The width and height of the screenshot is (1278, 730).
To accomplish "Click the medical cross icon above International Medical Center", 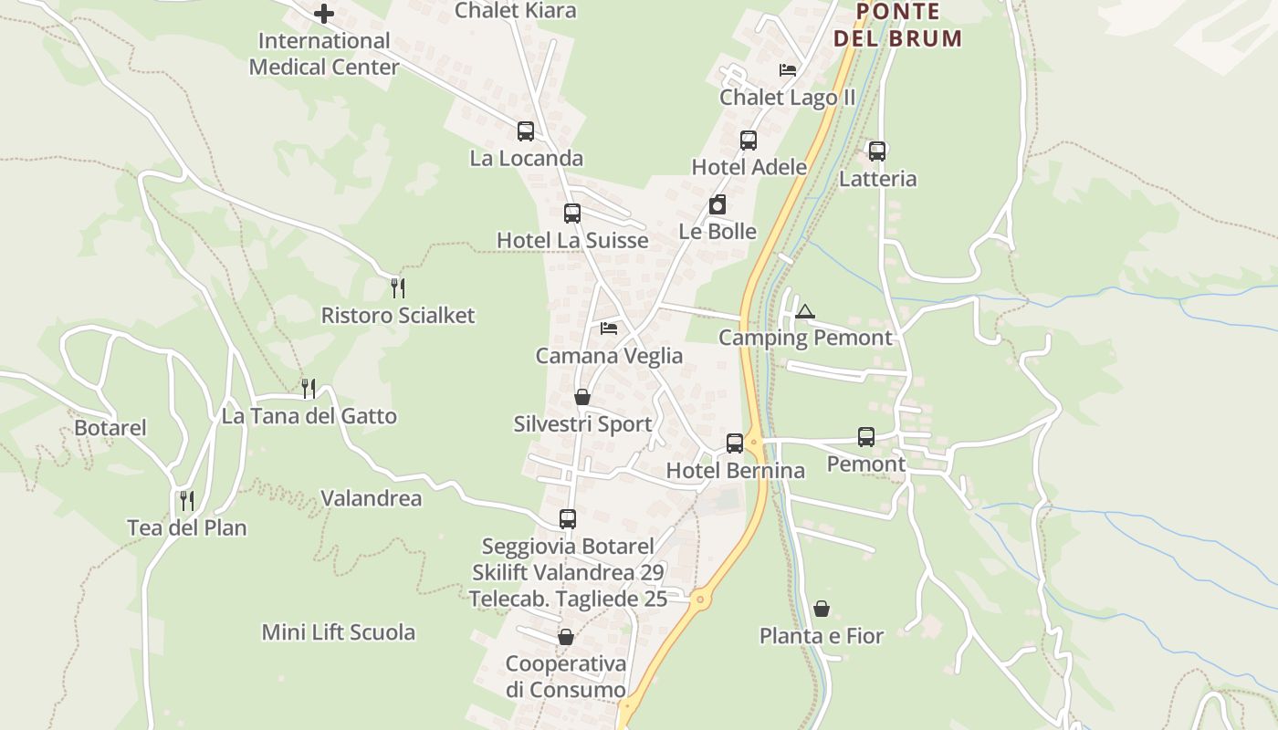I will (x=324, y=14).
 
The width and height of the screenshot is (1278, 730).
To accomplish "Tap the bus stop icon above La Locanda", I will (x=526, y=131).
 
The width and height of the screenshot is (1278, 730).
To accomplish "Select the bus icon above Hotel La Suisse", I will (x=572, y=214).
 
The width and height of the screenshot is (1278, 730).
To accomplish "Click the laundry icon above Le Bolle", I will (x=718, y=204).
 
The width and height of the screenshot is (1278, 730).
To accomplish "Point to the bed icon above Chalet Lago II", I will (x=787, y=69).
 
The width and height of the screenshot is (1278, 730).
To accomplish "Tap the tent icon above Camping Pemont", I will (x=804, y=312).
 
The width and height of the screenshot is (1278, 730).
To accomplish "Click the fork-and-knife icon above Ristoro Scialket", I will (x=398, y=288).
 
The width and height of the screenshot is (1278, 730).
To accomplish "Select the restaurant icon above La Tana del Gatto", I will (x=309, y=389).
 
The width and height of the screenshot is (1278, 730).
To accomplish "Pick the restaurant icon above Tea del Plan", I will (x=187, y=500).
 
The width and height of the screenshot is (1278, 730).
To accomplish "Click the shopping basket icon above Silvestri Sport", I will (x=582, y=397).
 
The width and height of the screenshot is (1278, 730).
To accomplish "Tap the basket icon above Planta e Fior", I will (x=822, y=609).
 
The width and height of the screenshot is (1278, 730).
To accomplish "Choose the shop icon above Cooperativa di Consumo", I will (x=566, y=637).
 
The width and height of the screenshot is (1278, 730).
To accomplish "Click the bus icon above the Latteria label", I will (x=877, y=151).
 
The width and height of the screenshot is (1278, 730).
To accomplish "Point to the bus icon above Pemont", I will (x=866, y=437).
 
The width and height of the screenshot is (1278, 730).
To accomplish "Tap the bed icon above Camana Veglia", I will (x=609, y=328).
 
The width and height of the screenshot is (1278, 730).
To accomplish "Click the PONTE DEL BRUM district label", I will (x=898, y=26).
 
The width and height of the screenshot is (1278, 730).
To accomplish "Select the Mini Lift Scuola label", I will (x=339, y=632).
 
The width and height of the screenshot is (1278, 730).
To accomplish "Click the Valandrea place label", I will (x=372, y=498).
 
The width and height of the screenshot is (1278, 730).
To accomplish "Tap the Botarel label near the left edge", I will (x=110, y=428).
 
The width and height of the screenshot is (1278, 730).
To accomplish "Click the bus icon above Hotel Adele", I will (x=749, y=141).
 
